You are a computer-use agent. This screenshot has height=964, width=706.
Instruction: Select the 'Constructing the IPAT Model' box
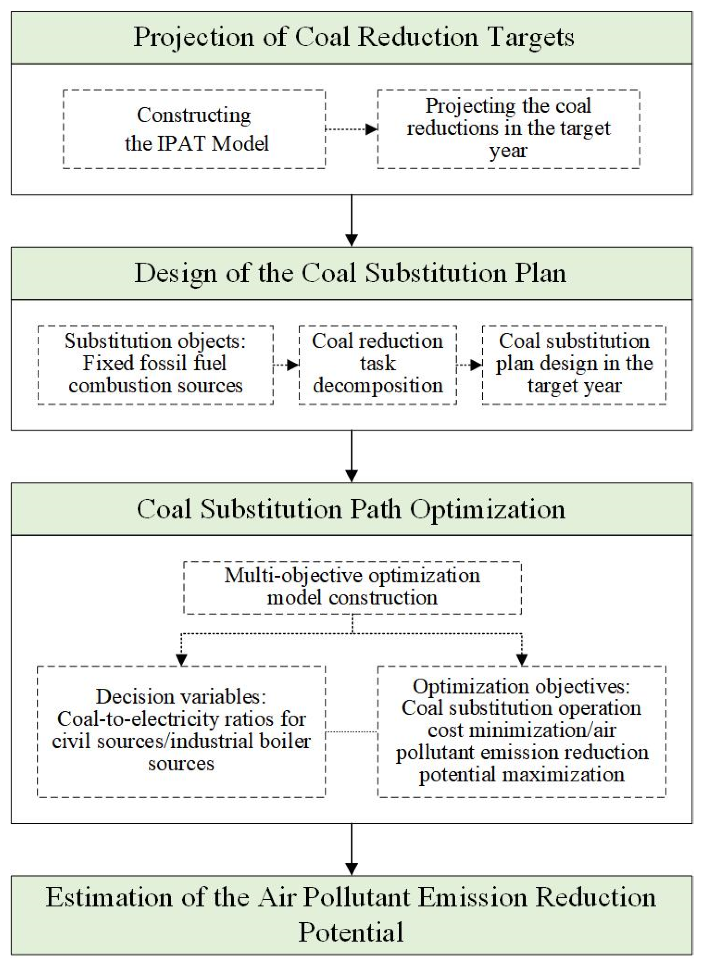(x=194, y=129)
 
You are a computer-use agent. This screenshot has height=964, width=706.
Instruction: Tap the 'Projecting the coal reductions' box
(x=508, y=129)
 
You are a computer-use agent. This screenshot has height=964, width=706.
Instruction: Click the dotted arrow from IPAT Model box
(x=351, y=129)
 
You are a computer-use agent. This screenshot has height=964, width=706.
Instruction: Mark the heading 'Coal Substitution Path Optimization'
(x=351, y=509)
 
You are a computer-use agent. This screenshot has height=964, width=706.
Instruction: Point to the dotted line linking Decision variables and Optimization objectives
(x=351, y=731)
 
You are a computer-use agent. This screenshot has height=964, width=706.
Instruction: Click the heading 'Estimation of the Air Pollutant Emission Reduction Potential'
(x=351, y=915)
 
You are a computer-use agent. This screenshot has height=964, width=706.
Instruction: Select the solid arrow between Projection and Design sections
(x=351, y=220)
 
